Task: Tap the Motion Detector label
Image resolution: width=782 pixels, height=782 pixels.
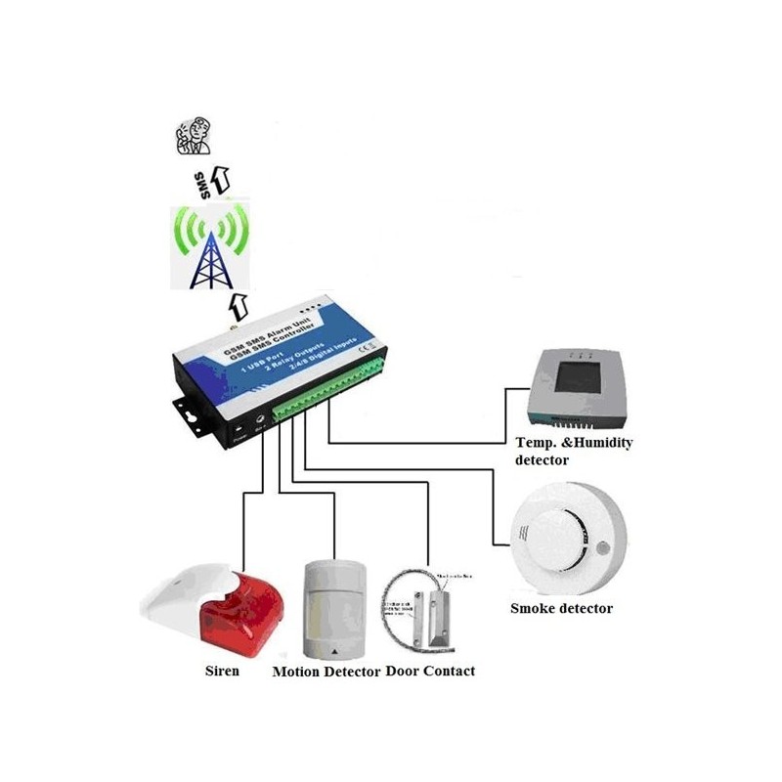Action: (326, 672)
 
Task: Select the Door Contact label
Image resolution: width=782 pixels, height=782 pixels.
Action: (430, 671)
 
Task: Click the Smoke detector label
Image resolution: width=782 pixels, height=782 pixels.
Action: (561, 608)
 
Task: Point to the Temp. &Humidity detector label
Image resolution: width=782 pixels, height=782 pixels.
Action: (574, 451)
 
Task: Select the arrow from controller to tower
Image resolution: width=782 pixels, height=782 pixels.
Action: (238, 304)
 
